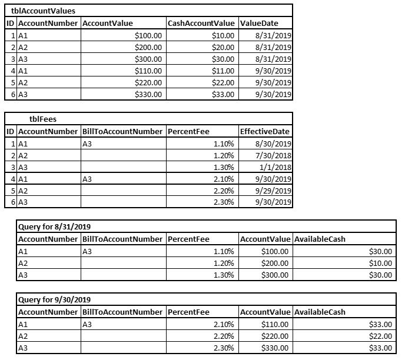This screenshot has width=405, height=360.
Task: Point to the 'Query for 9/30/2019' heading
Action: pos(54,300)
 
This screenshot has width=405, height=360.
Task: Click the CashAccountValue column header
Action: pos(201,23)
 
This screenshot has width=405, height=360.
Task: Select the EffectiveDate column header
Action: pos(265,131)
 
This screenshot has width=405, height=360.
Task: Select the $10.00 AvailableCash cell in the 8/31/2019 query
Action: pos(380,263)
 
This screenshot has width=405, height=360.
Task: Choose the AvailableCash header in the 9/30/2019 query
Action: pos(320,312)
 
